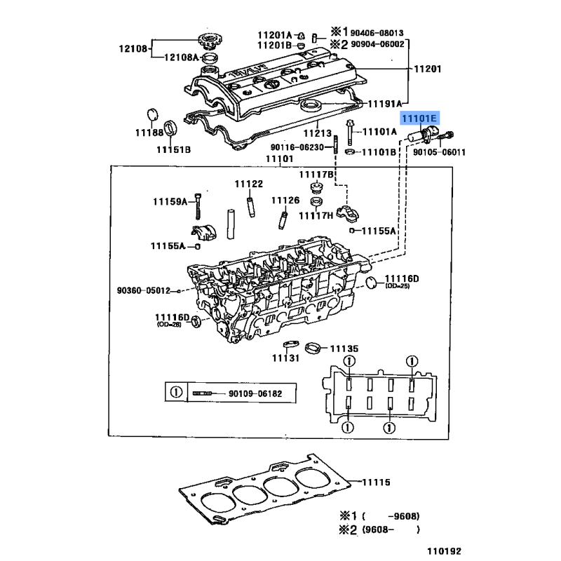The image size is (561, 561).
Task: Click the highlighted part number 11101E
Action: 418,120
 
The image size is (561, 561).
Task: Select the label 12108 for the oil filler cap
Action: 132,49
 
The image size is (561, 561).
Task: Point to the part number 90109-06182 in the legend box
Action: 255,394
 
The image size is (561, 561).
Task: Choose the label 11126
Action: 285,200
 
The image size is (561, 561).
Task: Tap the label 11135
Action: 344,349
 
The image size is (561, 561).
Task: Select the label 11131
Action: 286,358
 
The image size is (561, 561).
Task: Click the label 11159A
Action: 170,202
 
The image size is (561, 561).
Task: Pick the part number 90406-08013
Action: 378,32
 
